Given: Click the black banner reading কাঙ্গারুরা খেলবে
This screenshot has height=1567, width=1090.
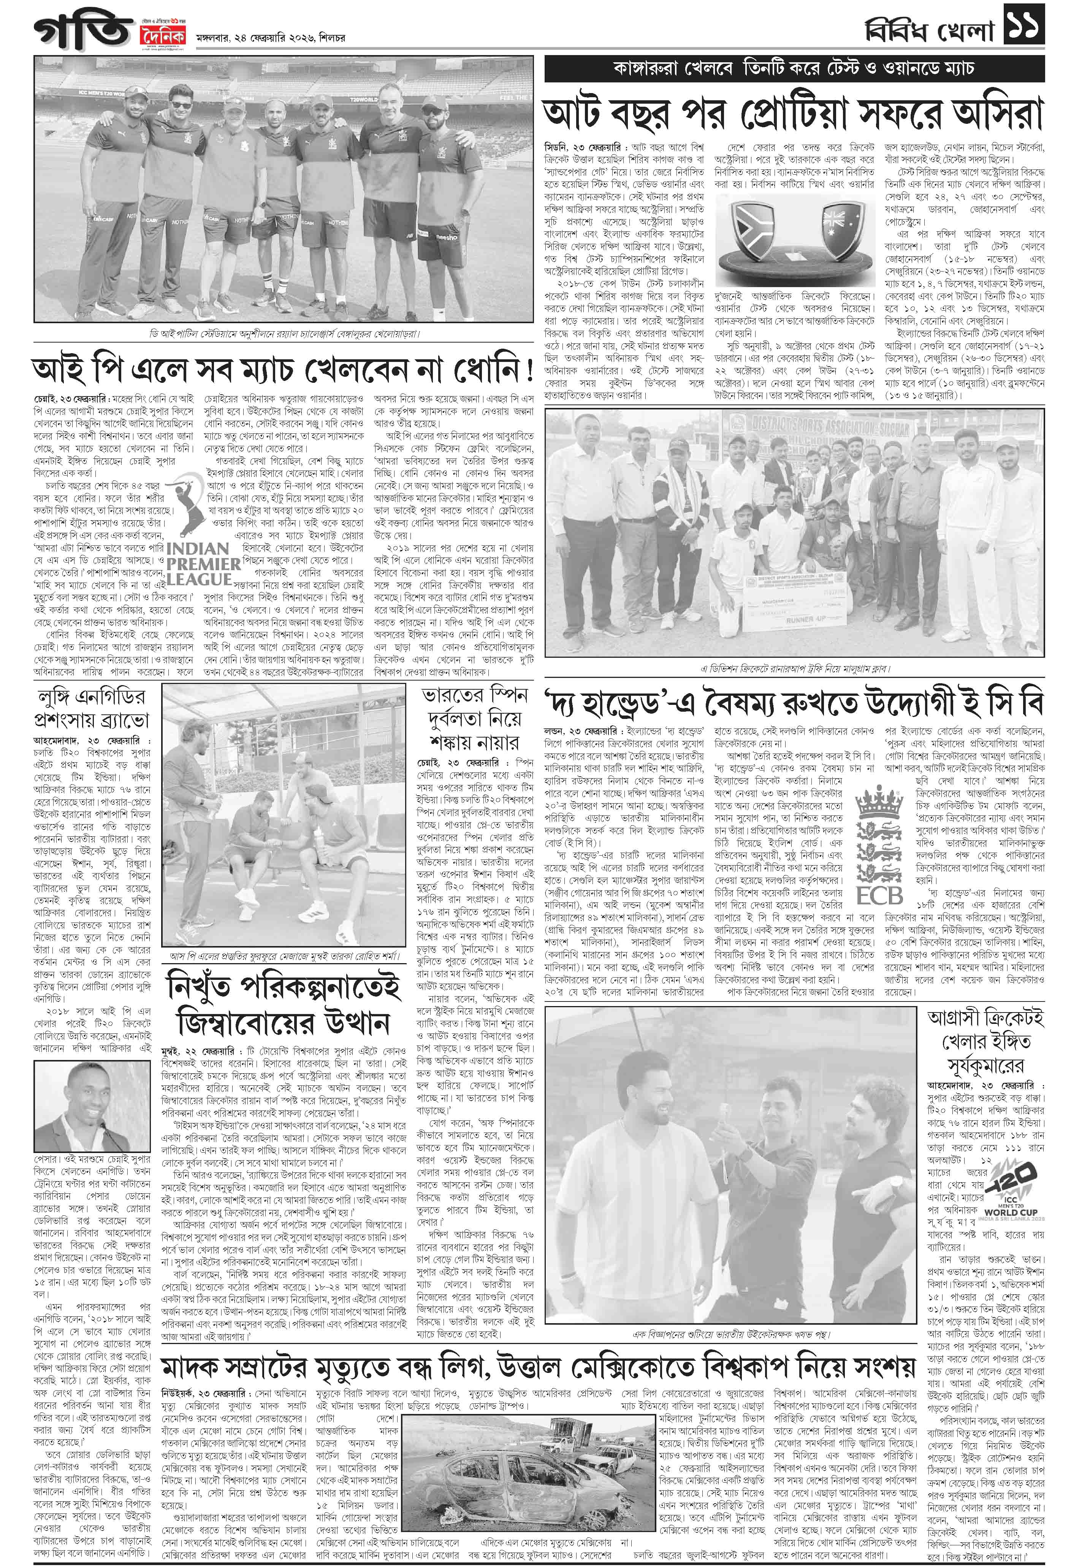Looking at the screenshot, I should [x=794, y=70].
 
